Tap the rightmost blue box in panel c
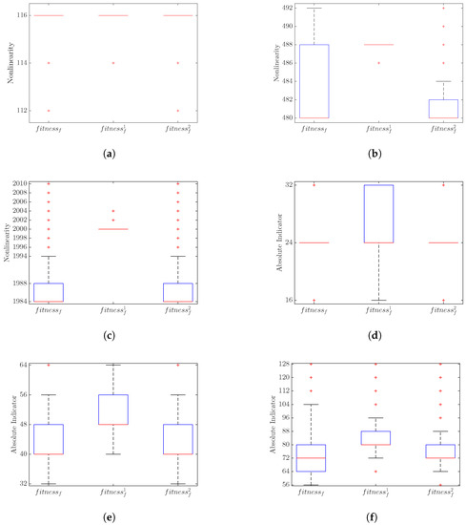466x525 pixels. click(178, 292)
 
